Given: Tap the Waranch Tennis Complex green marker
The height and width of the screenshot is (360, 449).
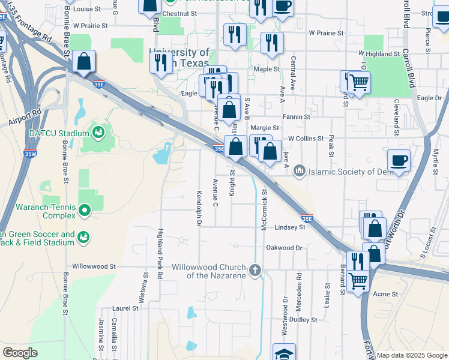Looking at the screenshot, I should click(x=85, y=209).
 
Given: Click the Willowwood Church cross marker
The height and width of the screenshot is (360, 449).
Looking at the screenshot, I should click(x=255, y=270).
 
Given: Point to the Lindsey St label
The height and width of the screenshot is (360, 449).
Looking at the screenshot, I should click(x=291, y=227).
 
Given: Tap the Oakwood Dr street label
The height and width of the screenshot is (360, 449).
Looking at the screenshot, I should click(x=284, y=247).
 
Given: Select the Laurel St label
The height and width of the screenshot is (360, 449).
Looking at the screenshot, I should click(x=125, y=308).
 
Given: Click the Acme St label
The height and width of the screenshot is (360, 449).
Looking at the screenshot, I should click(x=385, y=294).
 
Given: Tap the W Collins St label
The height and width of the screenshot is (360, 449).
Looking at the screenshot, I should click(x=306, y=138).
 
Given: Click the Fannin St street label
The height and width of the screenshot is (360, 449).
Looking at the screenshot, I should click(x=297, y=116).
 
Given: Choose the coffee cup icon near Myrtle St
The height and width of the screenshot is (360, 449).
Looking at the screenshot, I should click(x=399, y=160).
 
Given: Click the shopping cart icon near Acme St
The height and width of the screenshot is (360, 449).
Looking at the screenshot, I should click(x=358, y=279).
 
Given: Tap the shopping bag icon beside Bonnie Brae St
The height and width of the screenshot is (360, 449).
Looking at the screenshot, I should click(x=84, y=61).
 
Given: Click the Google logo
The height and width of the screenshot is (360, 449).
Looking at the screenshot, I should click(x=20, y=353).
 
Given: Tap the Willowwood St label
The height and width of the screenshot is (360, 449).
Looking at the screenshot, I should click(x=93, y=266).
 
